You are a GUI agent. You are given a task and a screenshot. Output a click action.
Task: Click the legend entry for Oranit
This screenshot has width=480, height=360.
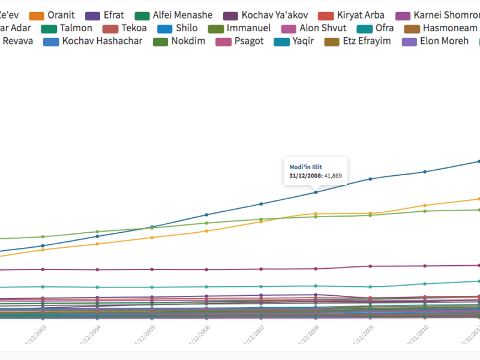click(60, 15)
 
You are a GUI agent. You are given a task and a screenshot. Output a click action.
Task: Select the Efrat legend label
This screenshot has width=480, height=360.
click(113, 15)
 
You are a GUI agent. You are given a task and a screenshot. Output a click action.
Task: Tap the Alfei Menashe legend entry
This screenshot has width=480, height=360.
click(182, 15)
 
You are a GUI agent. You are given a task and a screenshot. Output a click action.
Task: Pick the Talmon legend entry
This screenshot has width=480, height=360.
click(76, 28)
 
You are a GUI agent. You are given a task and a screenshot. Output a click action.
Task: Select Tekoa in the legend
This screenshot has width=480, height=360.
click(133, 28)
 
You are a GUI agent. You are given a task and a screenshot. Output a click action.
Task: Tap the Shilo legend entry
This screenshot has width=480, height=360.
click(186, 28)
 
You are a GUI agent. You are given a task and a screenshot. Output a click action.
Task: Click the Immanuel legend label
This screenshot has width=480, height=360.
click(248, 28)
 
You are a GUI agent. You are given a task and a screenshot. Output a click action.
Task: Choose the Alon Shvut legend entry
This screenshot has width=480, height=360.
click(323, 28)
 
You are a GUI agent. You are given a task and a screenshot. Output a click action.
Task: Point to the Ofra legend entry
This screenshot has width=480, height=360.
click(384, 28)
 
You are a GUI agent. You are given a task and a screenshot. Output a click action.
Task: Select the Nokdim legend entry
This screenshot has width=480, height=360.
click(188, 41)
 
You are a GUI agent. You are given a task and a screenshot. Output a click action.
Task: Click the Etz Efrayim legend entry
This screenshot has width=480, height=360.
click(365, 41)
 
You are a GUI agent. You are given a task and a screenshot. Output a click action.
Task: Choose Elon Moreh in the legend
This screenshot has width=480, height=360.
click(444, 41)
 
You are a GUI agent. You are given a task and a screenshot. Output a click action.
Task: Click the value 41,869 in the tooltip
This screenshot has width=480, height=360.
click(333, 176)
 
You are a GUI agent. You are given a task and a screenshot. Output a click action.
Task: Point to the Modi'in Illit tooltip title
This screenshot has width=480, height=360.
click(307, 166)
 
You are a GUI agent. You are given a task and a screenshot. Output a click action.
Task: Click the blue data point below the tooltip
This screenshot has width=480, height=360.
click(316, 192)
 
